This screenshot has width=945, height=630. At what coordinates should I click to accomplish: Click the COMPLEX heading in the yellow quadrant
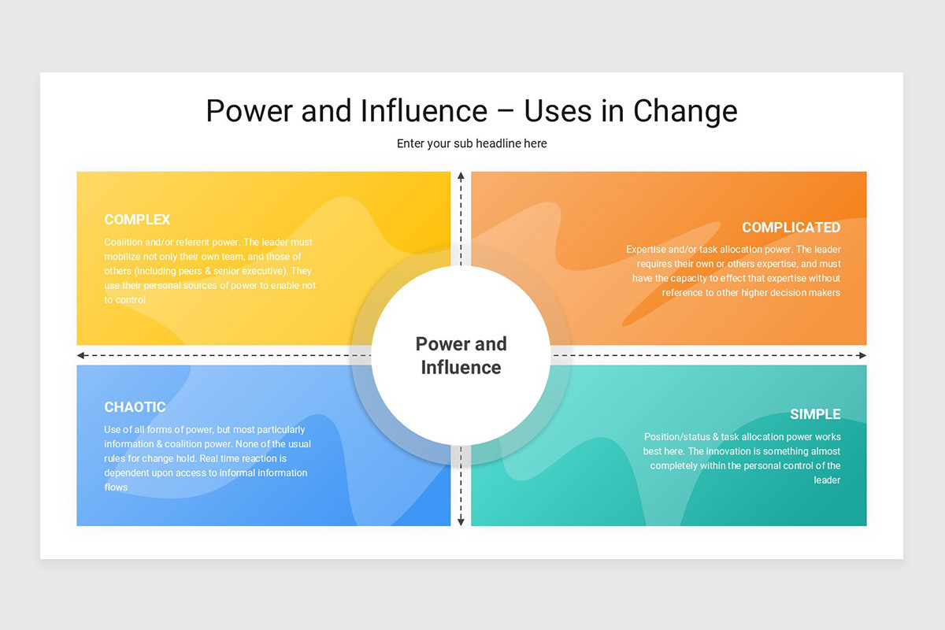pos(137,220)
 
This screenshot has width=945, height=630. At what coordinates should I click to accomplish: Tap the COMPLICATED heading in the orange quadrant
pos(791,228)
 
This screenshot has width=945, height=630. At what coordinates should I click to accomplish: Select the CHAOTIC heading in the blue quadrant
pos(135,407)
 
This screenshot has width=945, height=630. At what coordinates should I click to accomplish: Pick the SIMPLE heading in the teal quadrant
pos(815,414)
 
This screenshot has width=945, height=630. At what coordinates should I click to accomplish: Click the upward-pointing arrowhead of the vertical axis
pos(461,176)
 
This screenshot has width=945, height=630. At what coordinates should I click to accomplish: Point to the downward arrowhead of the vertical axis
pos(461,521)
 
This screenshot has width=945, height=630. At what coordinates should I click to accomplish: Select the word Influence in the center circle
pos(461,367)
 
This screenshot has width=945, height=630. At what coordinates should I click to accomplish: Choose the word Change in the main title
pos(685,111)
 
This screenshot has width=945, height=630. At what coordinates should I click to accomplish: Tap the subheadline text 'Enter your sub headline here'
pos(472,143)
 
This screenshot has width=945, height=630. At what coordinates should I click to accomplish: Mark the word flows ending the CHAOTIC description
pos(116,487)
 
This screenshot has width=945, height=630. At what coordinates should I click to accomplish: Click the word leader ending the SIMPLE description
pos(827,480)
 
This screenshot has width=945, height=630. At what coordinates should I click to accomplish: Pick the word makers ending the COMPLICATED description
pos(823,293)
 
